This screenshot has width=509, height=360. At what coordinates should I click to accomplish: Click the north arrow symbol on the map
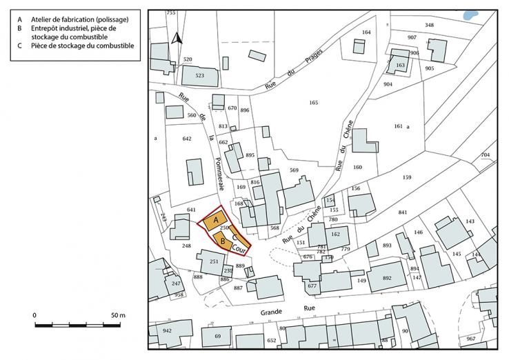point(177,39)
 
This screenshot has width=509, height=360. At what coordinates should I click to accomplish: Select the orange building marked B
point(223,241)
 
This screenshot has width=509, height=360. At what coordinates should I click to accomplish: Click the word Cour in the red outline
point(240,246)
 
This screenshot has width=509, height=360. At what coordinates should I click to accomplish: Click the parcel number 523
point(200,75)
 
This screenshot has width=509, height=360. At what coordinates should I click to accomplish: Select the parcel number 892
point(386,278)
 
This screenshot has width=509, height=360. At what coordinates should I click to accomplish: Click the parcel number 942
point(166,330)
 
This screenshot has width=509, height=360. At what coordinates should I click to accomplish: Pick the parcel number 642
point(186,139)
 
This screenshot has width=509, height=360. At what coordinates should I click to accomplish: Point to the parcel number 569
point(294,170)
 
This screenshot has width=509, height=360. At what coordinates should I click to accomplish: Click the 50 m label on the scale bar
point(118,315)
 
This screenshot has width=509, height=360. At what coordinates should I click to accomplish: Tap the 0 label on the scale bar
point(34,315)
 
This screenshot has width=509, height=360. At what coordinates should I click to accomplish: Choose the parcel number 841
point(403,212)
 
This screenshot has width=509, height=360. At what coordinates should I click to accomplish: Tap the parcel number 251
point(214,261)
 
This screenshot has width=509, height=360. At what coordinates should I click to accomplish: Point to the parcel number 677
point(312,285)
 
